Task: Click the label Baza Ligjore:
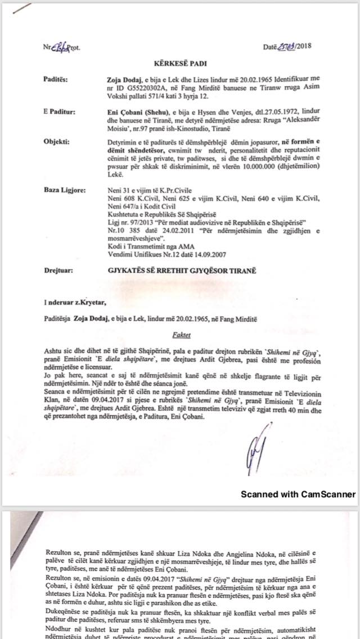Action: pos(64,190)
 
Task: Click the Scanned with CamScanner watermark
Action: pos(298,494)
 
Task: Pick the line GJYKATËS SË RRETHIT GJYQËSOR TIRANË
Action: pos(181,271)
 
